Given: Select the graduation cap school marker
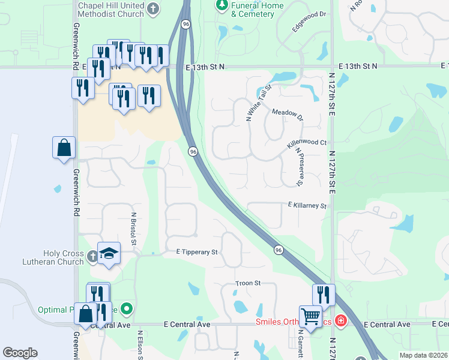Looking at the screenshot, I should [x=109, y=254].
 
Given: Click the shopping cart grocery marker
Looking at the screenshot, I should [x=311, y=316].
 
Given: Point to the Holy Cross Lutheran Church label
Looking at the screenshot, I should [x=63, y=257].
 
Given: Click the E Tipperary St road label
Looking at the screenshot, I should [x=192, y=253].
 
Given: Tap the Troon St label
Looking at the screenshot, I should [x=248, y=283].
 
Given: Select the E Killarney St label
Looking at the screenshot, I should [x=307, y=206].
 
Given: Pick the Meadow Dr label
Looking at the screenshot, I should [x=288, y=114].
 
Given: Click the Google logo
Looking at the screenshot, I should [x=20, y=352].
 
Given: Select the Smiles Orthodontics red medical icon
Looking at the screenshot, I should [x=341, y=321].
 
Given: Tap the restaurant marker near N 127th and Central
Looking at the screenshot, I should [x=324, y=295].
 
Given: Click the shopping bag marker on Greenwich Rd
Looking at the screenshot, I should [x=64, y=148].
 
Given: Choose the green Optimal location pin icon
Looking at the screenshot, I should [x=127, y=309].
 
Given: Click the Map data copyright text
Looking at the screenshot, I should [x=424, y=355].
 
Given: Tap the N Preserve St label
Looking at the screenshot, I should [x=299, y=168].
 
